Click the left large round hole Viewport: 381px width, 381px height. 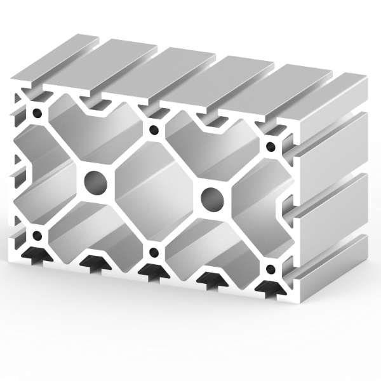tap(96, 182)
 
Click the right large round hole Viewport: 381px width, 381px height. tap(211, 199)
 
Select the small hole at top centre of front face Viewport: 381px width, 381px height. tap(154, 131)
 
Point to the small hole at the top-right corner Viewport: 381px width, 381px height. tap(271, 147)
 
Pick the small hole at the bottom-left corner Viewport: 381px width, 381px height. tap(37, 236)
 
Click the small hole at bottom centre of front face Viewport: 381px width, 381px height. tap(153, 253)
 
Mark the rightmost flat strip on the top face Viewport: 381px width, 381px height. tap(305, 95)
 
